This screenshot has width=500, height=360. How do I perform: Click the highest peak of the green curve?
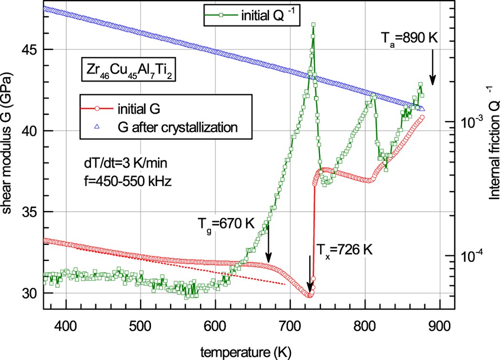click(x=313, y=24)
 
